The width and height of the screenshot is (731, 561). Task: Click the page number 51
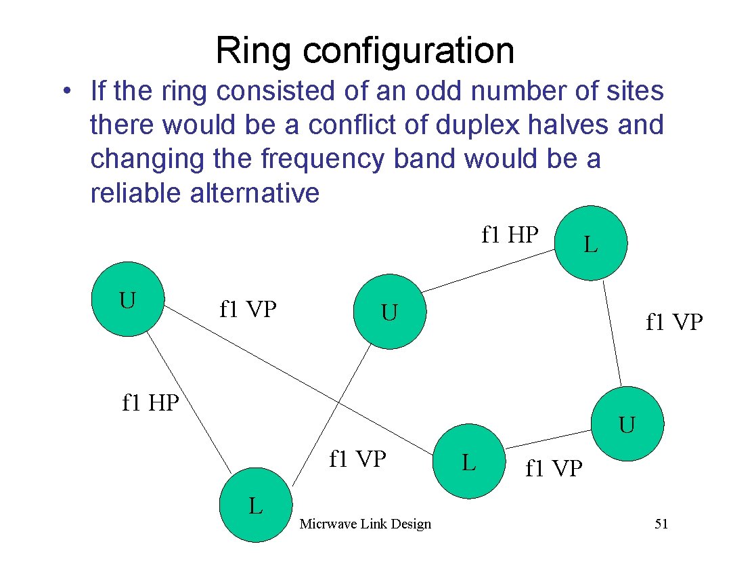[x=661, y=524]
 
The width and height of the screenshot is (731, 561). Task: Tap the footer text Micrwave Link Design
[x=365, y=524]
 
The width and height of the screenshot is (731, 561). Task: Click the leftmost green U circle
[x=129, y=299]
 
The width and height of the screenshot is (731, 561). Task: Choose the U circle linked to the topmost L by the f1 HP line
[x=390, y=312]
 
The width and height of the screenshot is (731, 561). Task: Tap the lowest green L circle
[x=256, y=505]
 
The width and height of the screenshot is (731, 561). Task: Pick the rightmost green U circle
[x=627, y=425]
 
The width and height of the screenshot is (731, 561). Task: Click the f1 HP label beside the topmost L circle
[x=510, y=234]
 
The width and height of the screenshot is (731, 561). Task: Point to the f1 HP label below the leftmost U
[x=150, y=403]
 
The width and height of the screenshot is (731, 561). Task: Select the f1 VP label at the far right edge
[x=674, y=323]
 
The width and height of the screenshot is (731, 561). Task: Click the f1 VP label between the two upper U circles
[x=248, y=309]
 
